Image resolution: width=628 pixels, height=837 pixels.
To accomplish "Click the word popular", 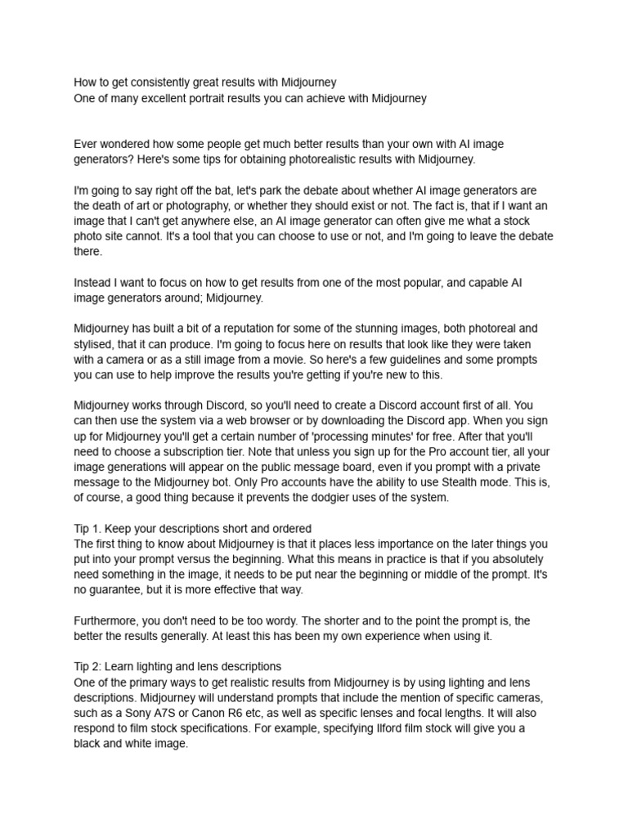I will coord(430,282).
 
